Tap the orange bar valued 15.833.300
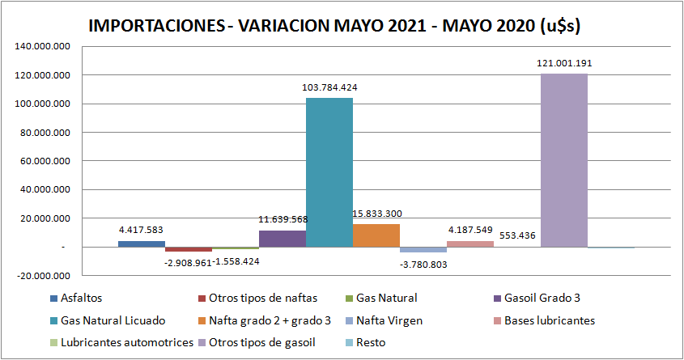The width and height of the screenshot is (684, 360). tap(376, 235)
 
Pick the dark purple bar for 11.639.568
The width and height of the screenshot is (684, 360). tap(283, 239)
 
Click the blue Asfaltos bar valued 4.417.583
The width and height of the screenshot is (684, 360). tap(142, 244)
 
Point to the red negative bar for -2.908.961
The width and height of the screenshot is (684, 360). tap(189, 249)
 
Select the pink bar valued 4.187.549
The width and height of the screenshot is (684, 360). tap(469, 244)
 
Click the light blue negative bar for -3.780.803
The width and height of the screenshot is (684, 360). tap(423, 250)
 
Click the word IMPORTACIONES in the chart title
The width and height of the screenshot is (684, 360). tap(154, 25)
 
